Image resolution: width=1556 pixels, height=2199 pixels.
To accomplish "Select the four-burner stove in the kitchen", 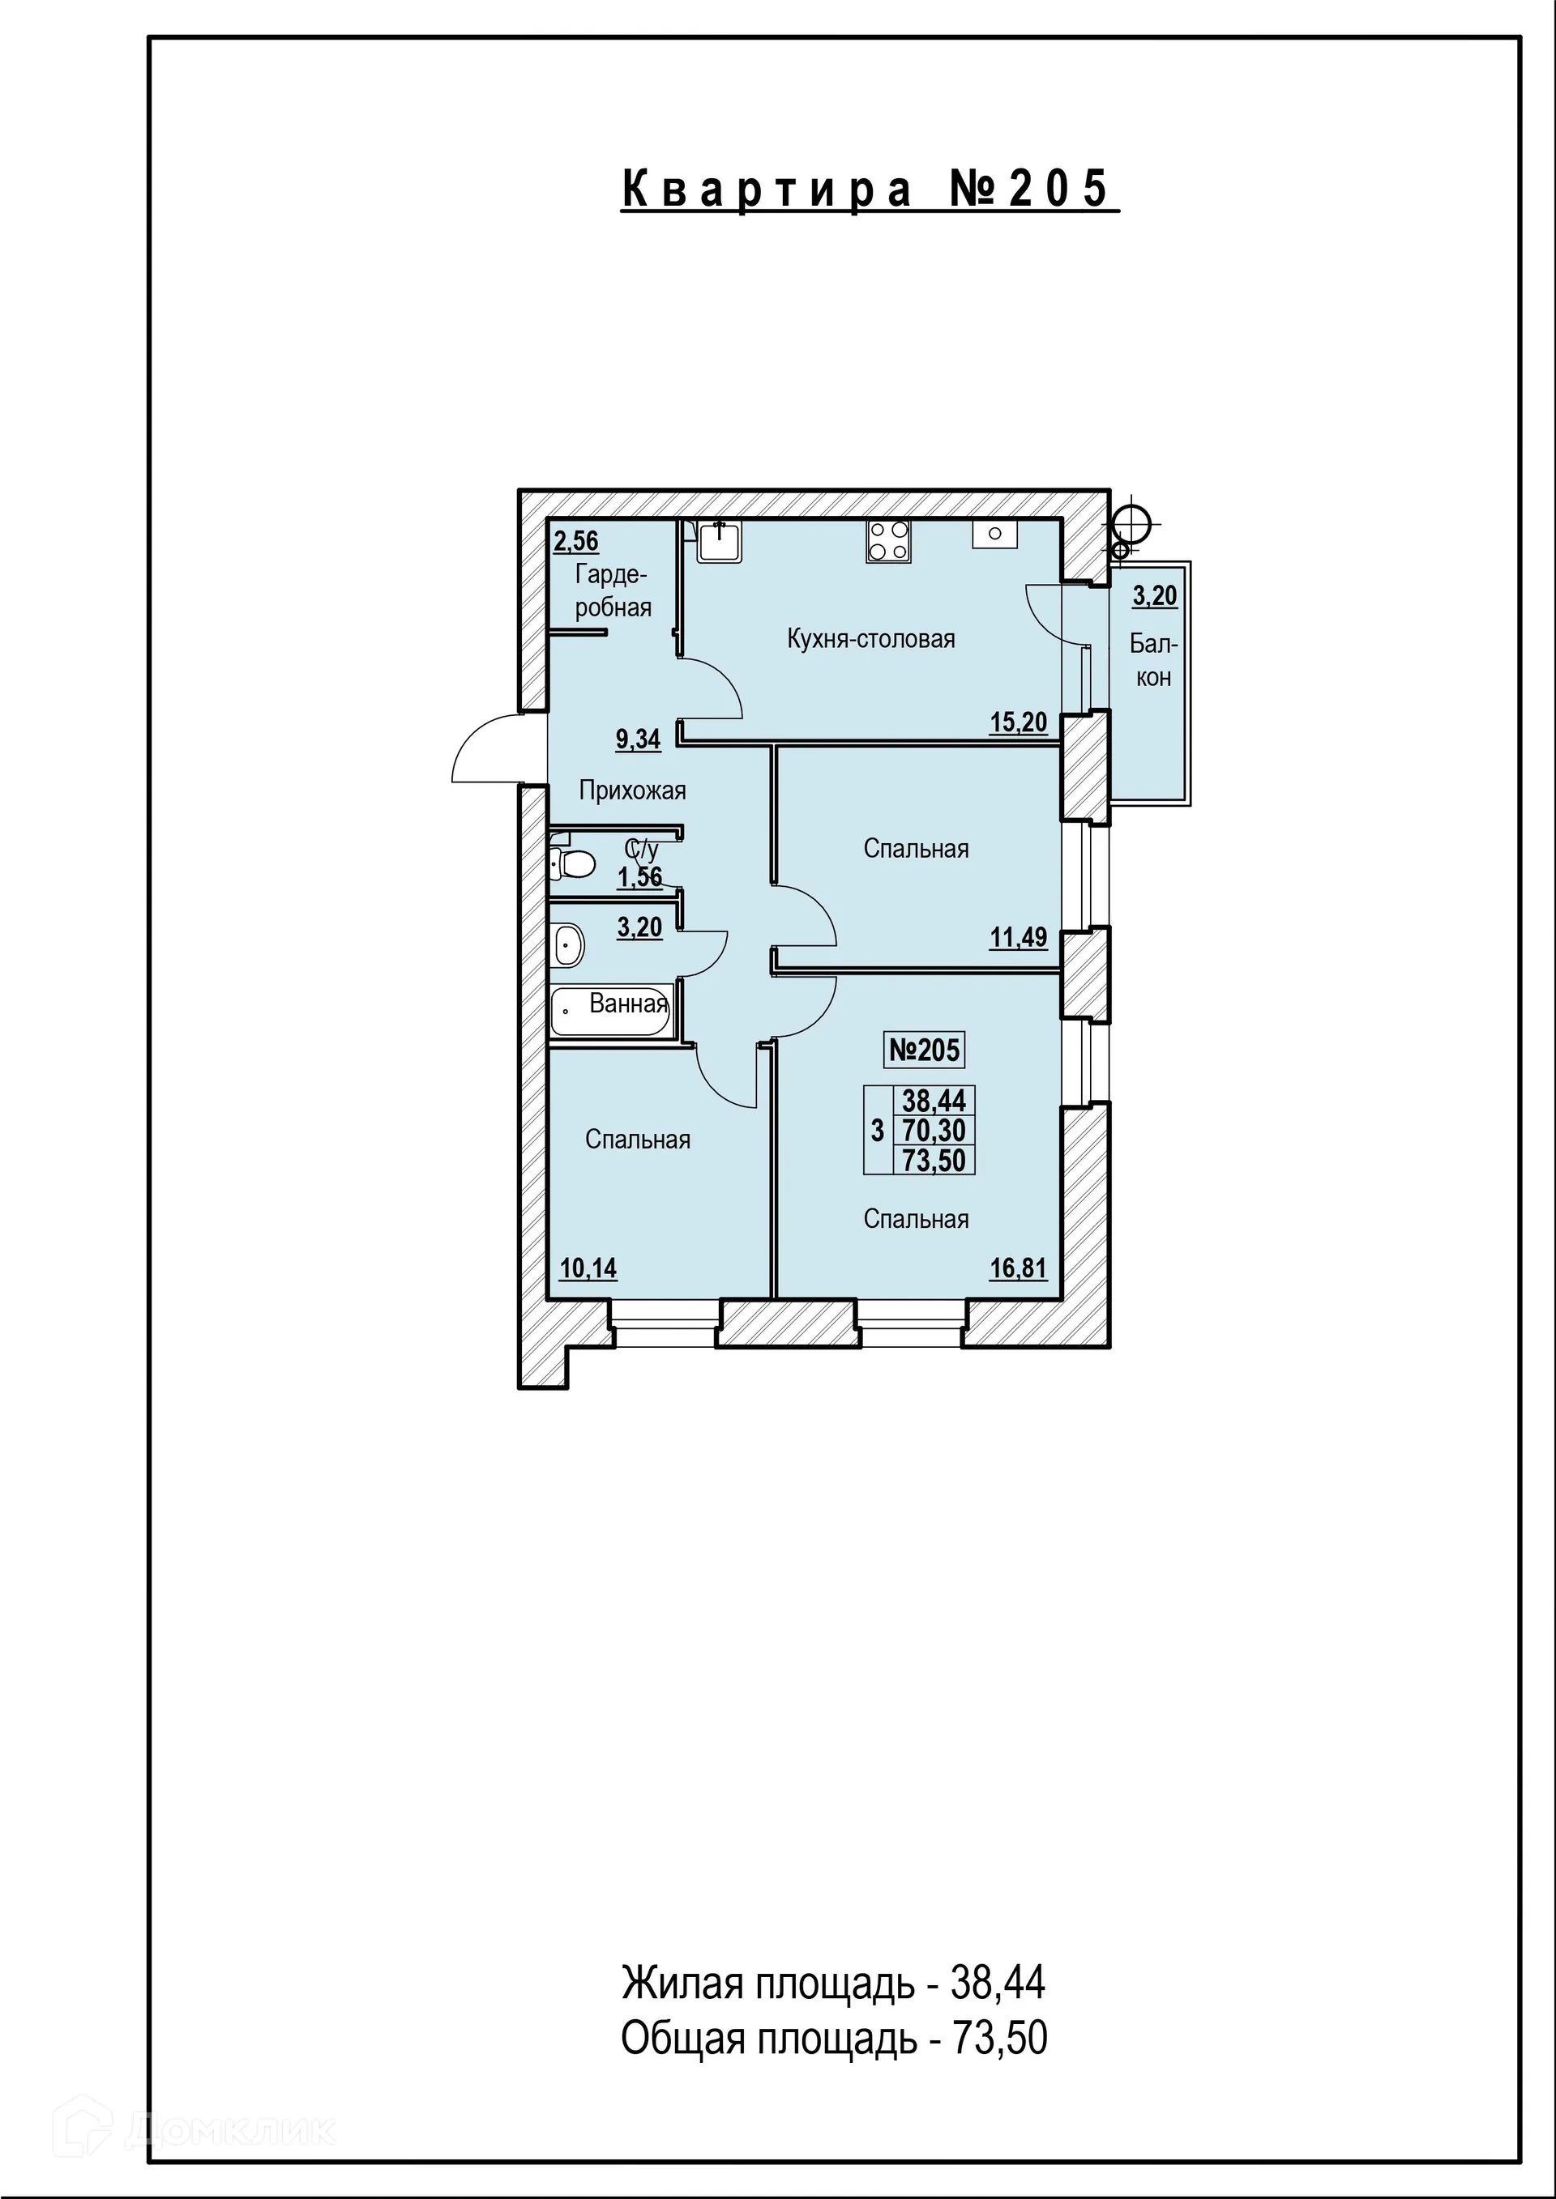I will [888, 541].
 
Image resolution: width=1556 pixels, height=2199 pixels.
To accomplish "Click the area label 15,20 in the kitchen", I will [1018, 722].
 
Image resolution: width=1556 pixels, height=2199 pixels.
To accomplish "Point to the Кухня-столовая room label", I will [871, 639].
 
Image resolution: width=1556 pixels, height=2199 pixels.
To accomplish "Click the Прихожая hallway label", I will [632, 791].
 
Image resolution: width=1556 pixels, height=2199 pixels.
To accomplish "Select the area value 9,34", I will [638, 739].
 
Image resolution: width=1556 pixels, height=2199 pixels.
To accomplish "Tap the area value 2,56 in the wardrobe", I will [576, 541].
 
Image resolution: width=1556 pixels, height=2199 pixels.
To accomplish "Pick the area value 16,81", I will [1018, 1269].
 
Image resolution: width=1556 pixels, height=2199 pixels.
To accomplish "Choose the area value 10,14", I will [588, 1269].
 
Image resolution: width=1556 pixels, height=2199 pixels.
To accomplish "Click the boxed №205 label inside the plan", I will [924, 1050].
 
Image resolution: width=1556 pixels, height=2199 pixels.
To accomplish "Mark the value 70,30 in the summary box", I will [934, 1131].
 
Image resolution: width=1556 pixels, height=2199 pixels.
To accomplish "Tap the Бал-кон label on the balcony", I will [1153, 660].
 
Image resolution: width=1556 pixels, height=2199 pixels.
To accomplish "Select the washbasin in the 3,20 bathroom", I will [567, 945].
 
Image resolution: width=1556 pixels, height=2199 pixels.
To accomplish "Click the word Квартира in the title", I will [767, 189].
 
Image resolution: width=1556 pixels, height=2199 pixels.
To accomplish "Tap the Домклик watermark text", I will [230, 2130].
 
